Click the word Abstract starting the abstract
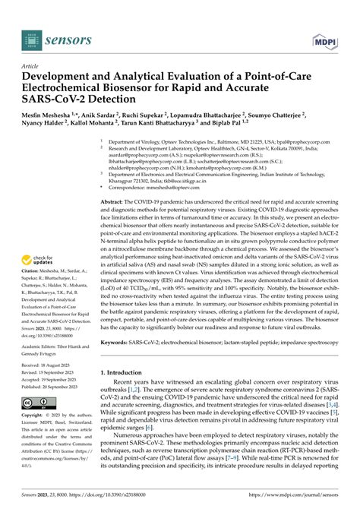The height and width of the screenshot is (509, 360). point(115,202)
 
